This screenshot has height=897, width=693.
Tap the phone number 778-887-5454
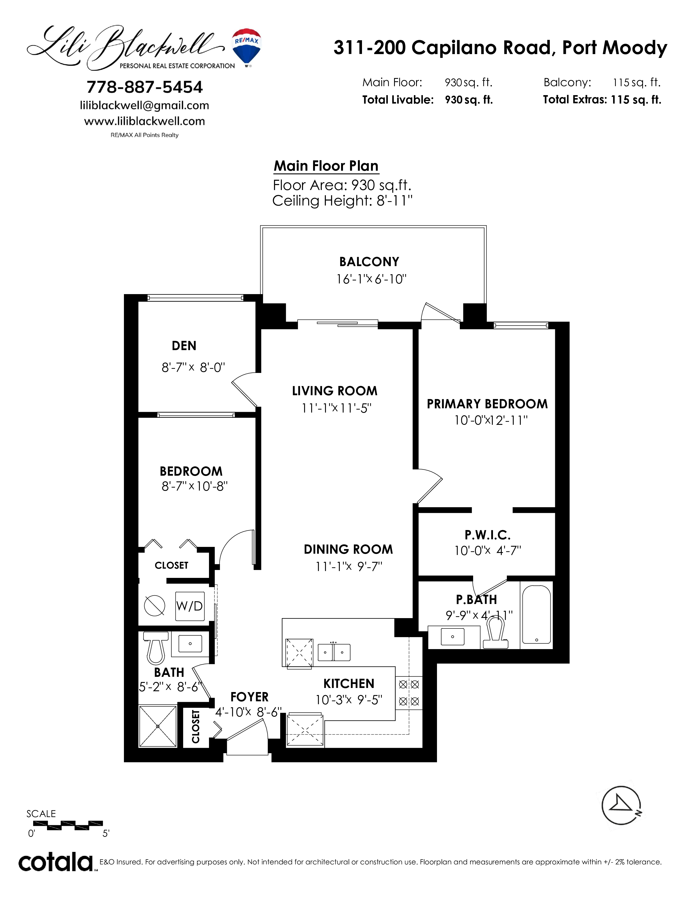click(145, 87)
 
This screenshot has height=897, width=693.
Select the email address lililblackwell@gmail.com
click(145, 105)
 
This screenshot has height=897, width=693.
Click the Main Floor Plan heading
click(326, 166)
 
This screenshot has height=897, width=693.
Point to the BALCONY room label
click(369, 261)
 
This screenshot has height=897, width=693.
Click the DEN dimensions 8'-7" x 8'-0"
click(193, 367)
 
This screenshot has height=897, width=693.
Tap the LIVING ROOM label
click(335, 391)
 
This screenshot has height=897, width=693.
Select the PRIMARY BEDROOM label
click(487, 404)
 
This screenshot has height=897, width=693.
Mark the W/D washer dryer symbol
click(190, 606)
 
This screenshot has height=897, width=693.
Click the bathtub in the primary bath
click(536, 614)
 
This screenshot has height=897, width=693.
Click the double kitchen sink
click(334, 652)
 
